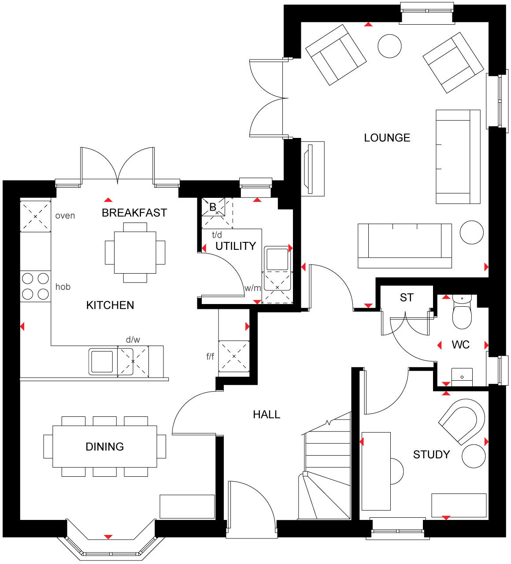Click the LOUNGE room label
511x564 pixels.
(x=387, y=138)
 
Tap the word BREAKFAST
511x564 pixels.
(x=134, y=213)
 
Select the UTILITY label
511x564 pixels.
(x=236, y=246)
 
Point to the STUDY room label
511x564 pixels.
(x=431, y=454)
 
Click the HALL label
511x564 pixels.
(x=267, y=415)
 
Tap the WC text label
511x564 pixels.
(x=460, y=345)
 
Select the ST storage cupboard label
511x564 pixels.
(x=407, y=298)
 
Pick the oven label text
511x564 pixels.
(x=65, y=216)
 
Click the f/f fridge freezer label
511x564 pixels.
(x=211, y=356)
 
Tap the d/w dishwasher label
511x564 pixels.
(x=133, y=340)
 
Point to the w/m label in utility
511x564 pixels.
(x=253, y=288)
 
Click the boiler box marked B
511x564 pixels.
(x=213, y=207)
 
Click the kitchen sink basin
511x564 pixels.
(x=103, y=361)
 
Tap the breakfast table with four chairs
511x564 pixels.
(x=135, y=252)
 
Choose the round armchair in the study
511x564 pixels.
(x=462, y=421)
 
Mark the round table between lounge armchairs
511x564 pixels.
(x=390, y=46)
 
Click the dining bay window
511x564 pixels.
(x=110, y=546)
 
